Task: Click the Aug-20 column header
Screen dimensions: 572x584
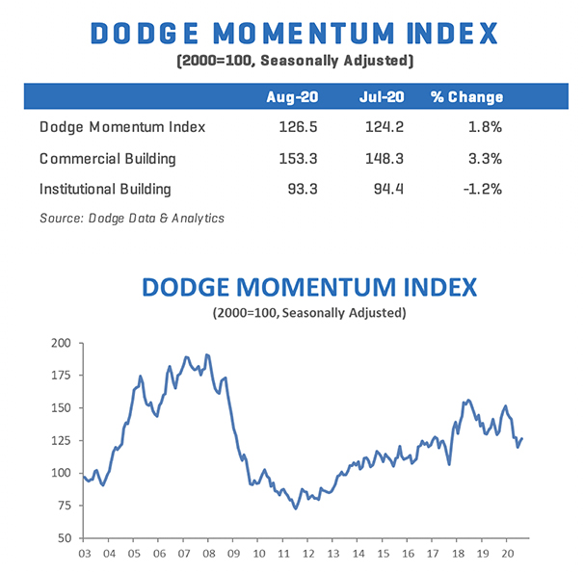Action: coord(290,98)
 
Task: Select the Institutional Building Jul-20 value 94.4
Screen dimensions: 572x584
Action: coord(389,189)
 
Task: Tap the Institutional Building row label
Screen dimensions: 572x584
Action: coord(105,189)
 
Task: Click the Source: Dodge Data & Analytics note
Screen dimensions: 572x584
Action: coord(131,219)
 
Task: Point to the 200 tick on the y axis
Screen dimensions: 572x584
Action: coord(61,343)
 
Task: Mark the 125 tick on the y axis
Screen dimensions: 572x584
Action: coord(61,441)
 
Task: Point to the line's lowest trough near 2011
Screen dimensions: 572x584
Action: coord(295,507)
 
